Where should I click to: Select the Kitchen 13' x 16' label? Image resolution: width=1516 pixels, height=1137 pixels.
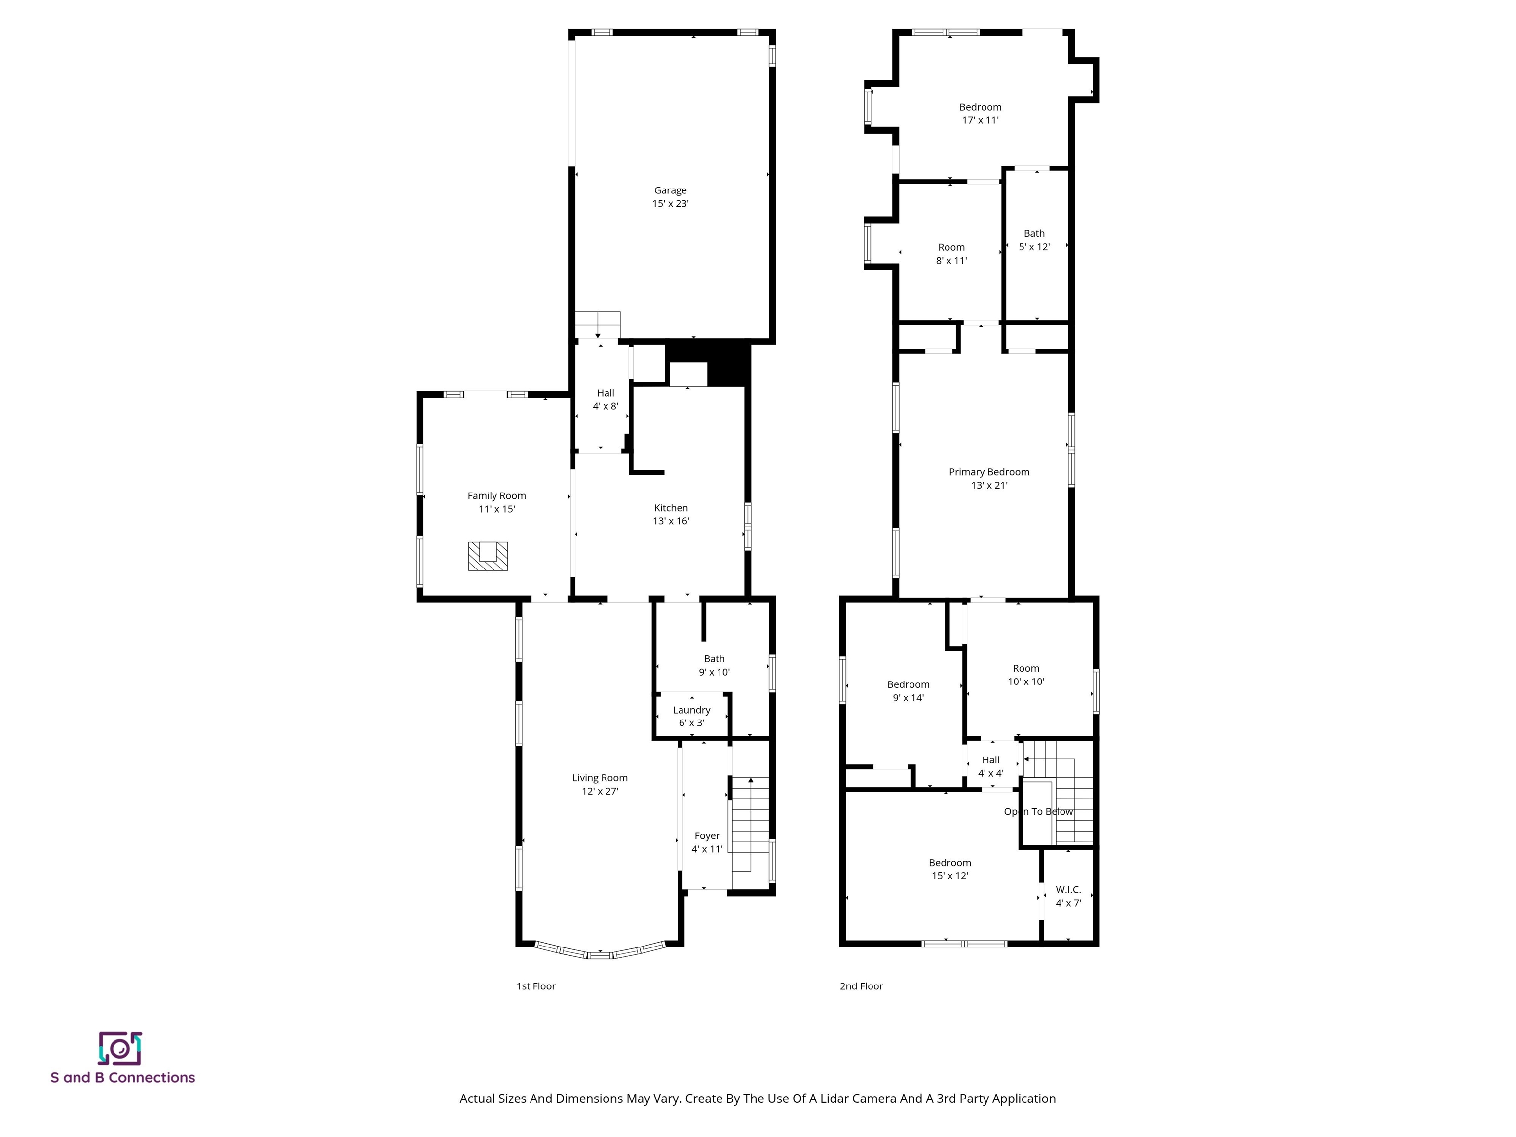pyautogui.click(x=670, y=514)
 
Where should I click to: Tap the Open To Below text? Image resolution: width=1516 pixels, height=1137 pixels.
pyautogui.click(x=1038, y=811)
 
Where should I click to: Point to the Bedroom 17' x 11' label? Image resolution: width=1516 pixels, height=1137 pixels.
pyautogui.click(x=980, y=113)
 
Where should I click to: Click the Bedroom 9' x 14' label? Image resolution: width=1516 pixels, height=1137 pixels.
pyautogui.click(x=908, y=691)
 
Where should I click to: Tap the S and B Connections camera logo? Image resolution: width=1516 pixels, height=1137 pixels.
pyautogui.click(x=120, y=1049)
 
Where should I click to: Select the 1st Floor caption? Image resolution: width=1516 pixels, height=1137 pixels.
pyautogui.click(x=535, y=986)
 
